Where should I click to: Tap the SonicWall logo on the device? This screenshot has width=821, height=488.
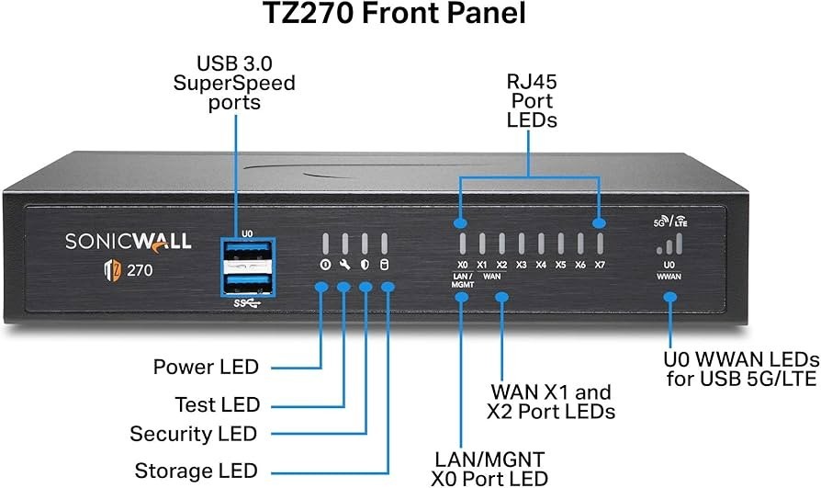click(x=129, y=241)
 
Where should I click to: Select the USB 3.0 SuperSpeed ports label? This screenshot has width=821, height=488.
click(x=235, y=84)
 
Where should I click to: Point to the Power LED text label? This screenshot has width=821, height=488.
click(x=206, y=368)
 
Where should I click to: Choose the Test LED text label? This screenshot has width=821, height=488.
click(x=218, y=404)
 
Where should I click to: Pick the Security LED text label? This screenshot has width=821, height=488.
click(x=194, y=434)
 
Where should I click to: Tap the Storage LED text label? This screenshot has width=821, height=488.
click(x=197, y=471)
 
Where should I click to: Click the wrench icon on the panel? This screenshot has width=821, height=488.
click(x=344, y=266)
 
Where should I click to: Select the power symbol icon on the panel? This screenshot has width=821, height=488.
click(x=324, y=266)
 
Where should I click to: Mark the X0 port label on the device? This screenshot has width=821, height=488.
click(x=462, y=265)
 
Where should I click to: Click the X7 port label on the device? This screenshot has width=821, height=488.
click(x=600, y=265)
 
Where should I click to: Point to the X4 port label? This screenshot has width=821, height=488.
click(x=541, y=265)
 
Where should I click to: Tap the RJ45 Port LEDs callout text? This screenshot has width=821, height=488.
click(x=533, y=102)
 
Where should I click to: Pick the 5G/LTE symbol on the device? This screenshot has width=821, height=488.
click(x=669, y=221)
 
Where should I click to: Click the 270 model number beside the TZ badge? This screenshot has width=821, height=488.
click(x=140, y=272)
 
